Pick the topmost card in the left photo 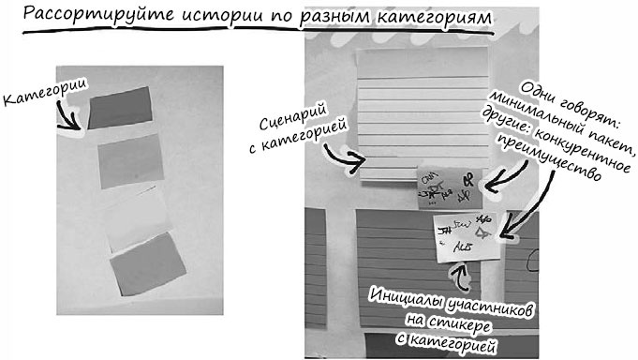tap(121, 108)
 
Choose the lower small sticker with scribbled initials tap(468, 238)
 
